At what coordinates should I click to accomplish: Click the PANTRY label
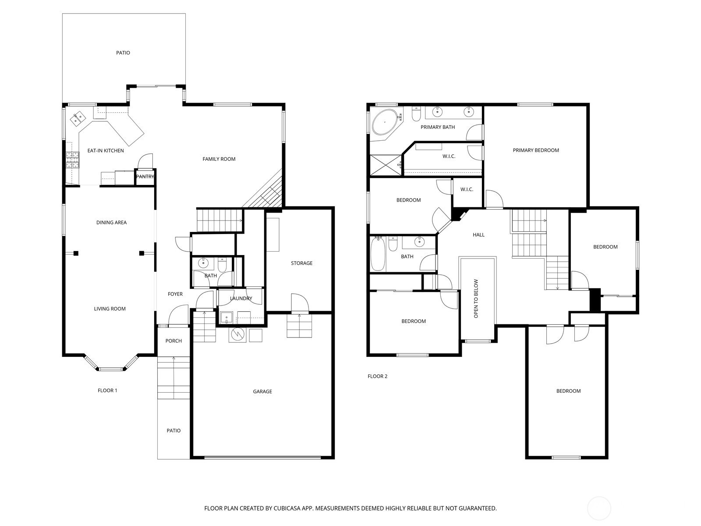tap(145, 177)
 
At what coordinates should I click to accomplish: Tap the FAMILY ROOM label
tap(219, 159)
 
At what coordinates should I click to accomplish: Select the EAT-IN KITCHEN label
tap(106, 151)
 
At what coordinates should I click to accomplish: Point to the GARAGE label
tap(262, 391)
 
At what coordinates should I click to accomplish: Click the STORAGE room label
tap(301, 263)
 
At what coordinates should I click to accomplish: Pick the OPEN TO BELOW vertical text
tap(476, 299)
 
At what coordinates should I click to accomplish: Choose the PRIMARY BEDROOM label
tap(536, 150)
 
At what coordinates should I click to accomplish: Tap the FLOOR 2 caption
tap(378, 376)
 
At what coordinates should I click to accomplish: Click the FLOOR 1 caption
tap(107, 390)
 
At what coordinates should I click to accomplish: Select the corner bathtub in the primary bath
tap(385, 122)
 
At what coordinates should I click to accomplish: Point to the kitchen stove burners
tap(72, 160)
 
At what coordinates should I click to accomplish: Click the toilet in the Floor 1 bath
tap(222, 264)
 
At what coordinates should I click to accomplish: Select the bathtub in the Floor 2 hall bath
tap(378, 254)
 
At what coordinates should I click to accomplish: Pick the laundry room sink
tap(227, 318)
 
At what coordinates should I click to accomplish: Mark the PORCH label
tap(173, 341)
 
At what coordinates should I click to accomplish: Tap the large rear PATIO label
tap(123, 53)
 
